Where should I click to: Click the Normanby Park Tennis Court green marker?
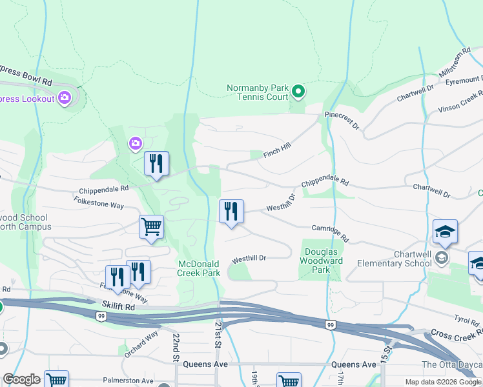tap(298, 92)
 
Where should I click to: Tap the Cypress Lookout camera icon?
tap(64, 98)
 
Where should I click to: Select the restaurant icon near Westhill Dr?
tap(231, 212)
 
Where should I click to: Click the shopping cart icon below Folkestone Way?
tap(151, 227)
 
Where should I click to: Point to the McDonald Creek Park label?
tap(200, 268)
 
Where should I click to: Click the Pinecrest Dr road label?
tap(342, 123)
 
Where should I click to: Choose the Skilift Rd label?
tap(118, 306)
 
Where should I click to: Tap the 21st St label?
tap(218, 335)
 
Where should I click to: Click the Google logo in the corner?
tap(21, 379)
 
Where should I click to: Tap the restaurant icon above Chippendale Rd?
tap(156, 163)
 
